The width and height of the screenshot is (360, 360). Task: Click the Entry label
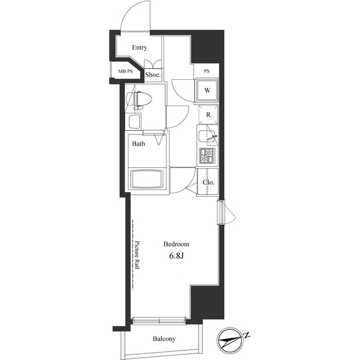click(140, 48)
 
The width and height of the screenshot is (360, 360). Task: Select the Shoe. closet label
click(154, 75)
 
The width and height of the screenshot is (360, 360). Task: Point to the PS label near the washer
click(207, 71)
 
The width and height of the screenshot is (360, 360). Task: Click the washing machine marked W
click(206, 91)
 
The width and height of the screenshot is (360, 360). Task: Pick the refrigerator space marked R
click(207, 115)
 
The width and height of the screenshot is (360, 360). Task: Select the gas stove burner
click(207, 156)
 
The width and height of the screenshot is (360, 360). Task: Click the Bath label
click(139, 144)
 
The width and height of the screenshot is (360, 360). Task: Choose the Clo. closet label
click(208, 182)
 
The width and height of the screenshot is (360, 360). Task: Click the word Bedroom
click(177, 244)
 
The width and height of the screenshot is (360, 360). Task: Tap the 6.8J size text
click(177, 257)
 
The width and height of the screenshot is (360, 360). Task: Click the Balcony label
click(164, 339)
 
